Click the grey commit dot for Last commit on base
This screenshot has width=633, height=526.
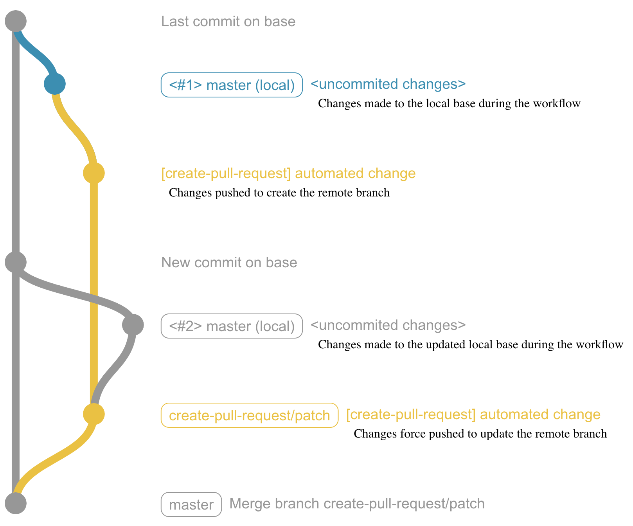point(16,21)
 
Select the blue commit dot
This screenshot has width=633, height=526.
point(55,84)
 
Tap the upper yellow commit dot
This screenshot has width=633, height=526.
point(94,173)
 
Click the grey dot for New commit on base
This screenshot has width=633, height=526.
point(16,262)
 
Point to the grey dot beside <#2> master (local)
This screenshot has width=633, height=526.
point(133,325)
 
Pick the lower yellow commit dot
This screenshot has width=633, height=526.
point(94,414)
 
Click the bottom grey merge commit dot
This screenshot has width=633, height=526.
point(16,503)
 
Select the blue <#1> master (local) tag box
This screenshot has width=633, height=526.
point(232,85)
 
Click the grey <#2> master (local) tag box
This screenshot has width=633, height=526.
point(232,326)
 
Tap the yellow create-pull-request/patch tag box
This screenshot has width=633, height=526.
point(249,415)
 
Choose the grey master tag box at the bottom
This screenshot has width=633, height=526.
point(191,504)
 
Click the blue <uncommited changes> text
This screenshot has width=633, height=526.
point(388,84)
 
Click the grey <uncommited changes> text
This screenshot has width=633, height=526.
point(388,325)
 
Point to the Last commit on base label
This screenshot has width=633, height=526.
point(228,22)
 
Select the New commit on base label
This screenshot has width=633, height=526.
point(229,263)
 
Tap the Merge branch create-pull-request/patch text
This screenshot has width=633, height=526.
point(357,504)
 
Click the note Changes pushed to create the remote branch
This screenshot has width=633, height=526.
point(279,193)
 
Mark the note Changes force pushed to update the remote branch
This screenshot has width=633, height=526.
point(480,434)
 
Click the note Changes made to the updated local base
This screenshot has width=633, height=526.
point(470,345)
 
